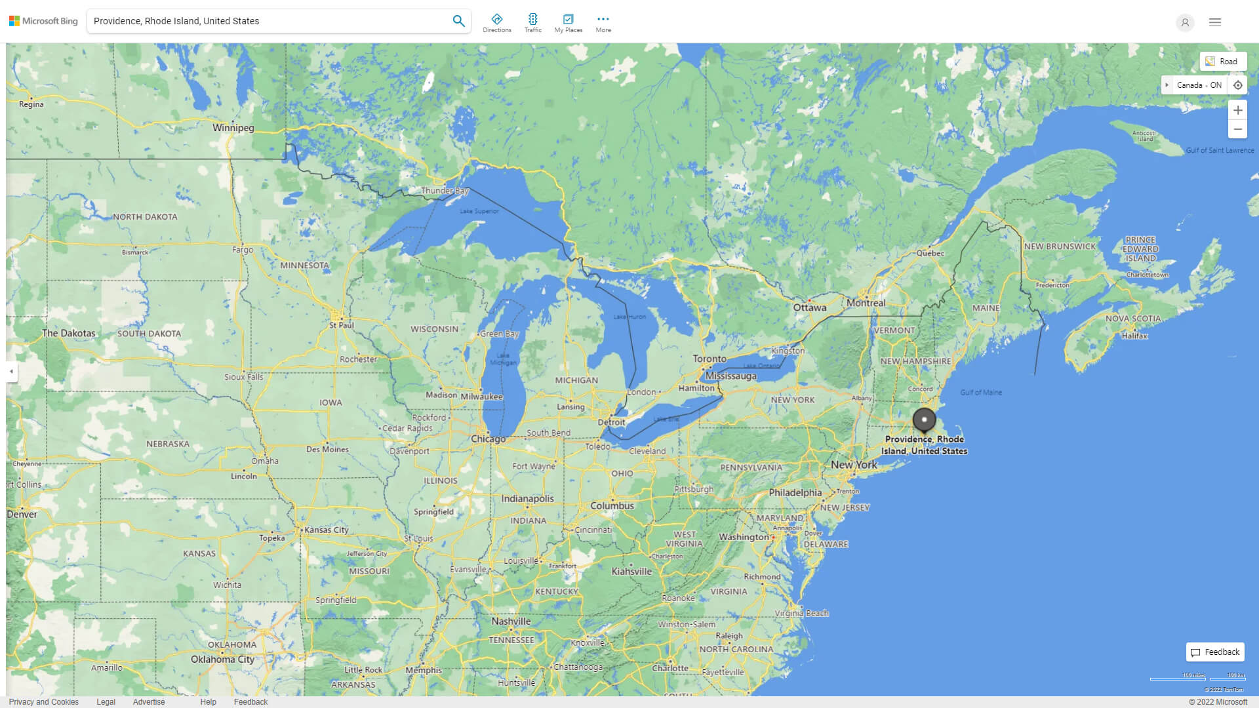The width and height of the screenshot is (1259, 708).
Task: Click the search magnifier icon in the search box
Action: (x=458, y=21)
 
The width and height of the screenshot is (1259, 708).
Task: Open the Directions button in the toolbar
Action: (x=496, y=23)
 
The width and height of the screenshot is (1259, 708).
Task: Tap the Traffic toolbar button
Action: (x=532, y=23)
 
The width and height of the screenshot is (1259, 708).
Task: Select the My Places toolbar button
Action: (x=568, y=23)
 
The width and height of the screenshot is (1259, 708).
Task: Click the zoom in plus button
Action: (x=1237, y=110)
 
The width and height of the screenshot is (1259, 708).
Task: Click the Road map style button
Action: (x=1222, y=62)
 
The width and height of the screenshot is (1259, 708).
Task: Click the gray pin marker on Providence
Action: (x=924, y=420)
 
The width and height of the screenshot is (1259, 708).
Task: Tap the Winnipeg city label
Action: (x=233, y=128)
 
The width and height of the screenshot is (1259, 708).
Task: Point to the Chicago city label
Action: (x=488, y=439)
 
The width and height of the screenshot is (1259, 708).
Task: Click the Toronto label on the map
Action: (x=709, y=359)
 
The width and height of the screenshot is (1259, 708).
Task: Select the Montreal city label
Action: (x=866, y=303)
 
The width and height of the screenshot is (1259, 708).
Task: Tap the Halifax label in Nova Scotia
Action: (x=1134, y=336)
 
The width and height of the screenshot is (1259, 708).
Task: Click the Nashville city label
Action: (x=511, y=621)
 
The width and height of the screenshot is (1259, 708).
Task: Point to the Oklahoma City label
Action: (x=222, y=659)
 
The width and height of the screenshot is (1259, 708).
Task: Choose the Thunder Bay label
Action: (x=445, y=191)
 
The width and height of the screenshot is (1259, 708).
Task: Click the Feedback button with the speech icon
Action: (x=1215, y=652)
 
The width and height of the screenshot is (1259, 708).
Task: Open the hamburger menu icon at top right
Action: (x=1215, y=22)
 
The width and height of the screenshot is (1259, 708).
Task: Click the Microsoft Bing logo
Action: (x=43, y=21)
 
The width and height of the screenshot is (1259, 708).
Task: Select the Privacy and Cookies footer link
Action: (x=43, y=701)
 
